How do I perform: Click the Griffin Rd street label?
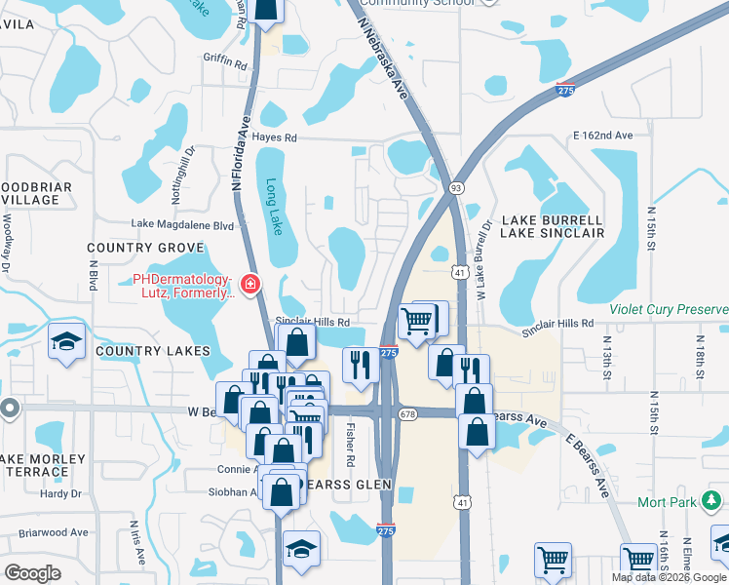click(225, 61)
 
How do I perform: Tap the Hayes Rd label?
click(274, 137)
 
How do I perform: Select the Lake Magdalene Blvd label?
click(182, 224)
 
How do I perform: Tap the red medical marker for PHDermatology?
click(250, 285)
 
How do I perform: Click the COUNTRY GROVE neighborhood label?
click(144, 248)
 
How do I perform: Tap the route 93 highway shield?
click(455, 186)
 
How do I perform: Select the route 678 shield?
click(407, 413)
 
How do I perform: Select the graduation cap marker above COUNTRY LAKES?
click(66, 341)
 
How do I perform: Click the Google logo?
click(32, 572)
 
